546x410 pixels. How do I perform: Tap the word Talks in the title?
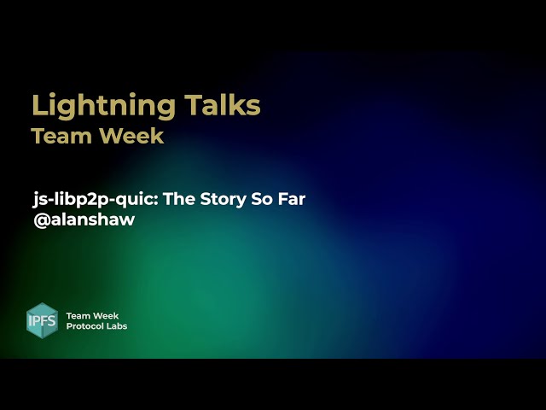pos(224,105)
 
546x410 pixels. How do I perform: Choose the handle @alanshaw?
pos(84,219)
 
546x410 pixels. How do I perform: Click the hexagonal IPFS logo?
pos(43,320)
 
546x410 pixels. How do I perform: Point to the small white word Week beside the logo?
pos(106,316)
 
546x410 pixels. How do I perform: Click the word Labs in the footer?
pos(118,326)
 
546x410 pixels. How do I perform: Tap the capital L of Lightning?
pos(38,105)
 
